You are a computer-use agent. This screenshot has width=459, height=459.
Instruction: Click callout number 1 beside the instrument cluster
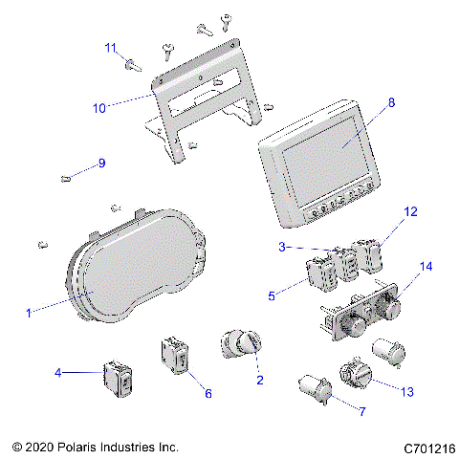pos(28,311)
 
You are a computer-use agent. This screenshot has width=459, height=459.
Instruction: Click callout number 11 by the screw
pos(111,48)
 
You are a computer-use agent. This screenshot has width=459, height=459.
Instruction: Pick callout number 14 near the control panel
pos(426,266)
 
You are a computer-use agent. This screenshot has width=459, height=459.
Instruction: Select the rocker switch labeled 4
pos(119,380)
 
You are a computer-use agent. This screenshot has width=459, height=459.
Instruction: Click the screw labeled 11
pos(127,64)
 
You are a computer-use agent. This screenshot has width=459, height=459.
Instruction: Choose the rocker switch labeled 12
pos(368,256)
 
